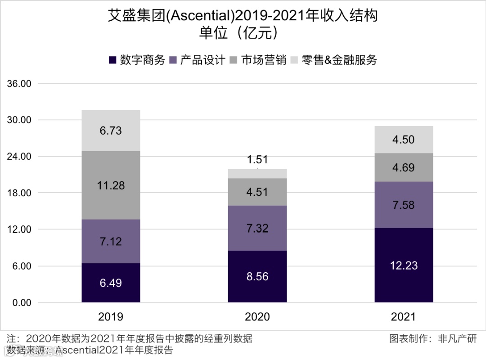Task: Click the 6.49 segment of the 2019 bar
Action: click(x=111, y=283)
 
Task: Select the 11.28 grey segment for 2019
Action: click(x=111, y=185)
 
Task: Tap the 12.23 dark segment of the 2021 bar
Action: click(x=404, y=265)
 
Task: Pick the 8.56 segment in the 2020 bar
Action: click(x=257, y=276)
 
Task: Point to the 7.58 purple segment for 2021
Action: click(x=404, y=205)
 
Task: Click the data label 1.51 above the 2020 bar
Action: click(x=257, y=159)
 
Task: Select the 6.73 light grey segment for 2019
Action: click(x=111, y=130)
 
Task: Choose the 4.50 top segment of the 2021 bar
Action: click(x=404, y=139)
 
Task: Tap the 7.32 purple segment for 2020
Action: click(x=257, y=228)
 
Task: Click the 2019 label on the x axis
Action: click(x=111, y=317)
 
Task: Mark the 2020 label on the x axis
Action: click(x=257, y=317)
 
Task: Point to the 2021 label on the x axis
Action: click(x=404, y=317)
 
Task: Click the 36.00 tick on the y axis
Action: click(x=19, y=84)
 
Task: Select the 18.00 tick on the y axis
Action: click(x=19, y=193)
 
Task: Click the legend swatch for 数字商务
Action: click(x=112, y=60)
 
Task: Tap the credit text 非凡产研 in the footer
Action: click(x=457, y=338)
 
